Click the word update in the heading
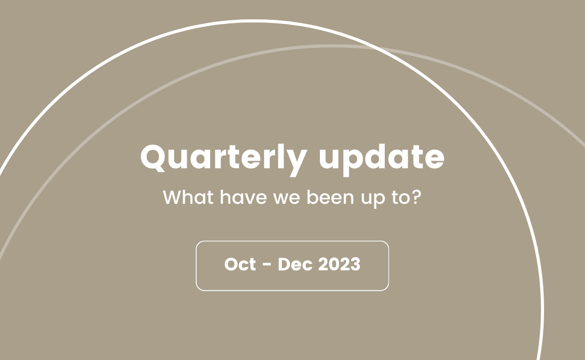coord(382,157)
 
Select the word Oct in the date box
coord(240,265)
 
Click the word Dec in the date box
coord(295,265)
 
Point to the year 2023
coord(339,265)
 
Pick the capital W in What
coord(172,198)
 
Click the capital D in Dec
coord(284,265)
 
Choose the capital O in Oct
coord(231,265)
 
